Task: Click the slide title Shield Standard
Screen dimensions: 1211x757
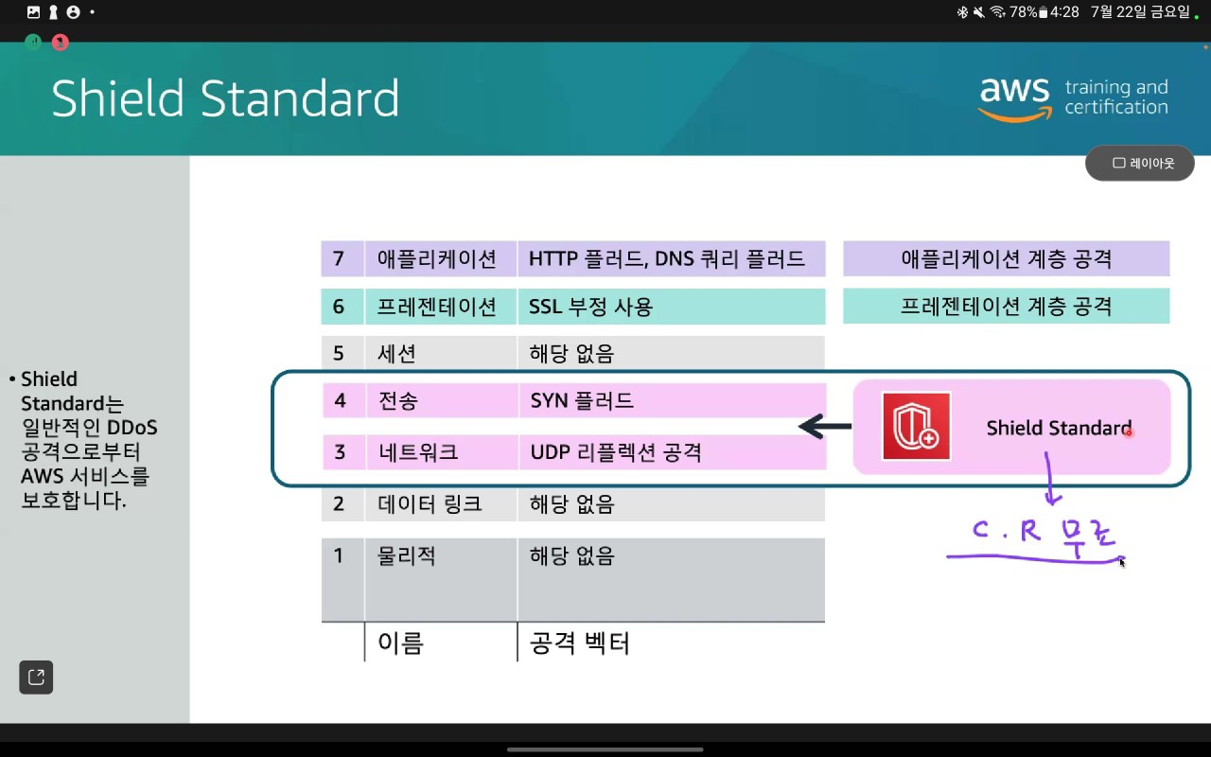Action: (225, 97)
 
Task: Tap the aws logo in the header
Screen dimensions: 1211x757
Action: (1015, 98)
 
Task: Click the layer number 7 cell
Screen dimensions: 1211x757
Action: (342, 258)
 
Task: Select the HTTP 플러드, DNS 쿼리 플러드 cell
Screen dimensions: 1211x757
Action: (671, 258)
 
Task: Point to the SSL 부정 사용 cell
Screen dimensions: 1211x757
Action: (671, 307)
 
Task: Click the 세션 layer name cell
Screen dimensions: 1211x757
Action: (441, 353)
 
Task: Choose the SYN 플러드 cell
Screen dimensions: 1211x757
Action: (672, 400)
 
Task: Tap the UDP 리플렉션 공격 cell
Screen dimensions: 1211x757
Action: (672, 452)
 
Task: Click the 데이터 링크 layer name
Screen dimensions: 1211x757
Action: (430, 504)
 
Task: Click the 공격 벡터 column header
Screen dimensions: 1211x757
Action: (579, 643)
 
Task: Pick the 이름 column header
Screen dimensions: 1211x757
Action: (400, 643)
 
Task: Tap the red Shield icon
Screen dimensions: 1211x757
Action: (916, 426)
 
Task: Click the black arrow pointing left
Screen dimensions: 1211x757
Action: (825, 427)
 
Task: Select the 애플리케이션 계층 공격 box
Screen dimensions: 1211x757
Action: (1006, 258)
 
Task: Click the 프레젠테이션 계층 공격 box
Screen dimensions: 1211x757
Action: (1006, 306)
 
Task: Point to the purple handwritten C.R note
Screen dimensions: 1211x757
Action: (1044, 536)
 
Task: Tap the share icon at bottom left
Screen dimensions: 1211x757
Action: (36, 677)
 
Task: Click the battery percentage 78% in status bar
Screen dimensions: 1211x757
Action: (1023, 12)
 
